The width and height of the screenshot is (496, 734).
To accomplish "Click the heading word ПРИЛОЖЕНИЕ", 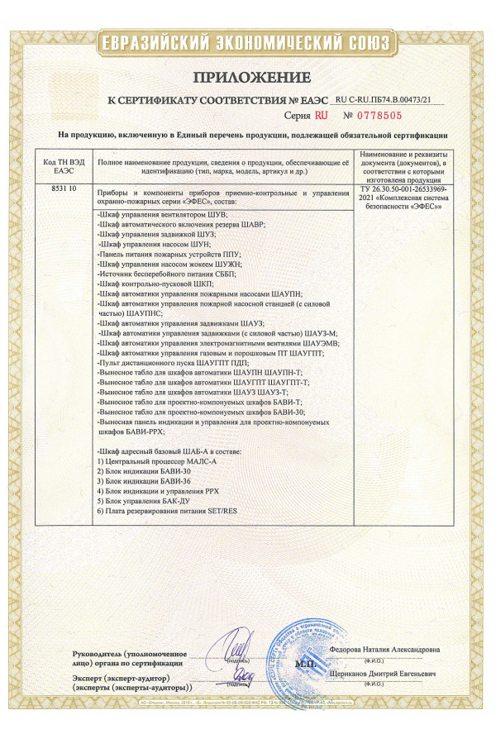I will tap(247, 79).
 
